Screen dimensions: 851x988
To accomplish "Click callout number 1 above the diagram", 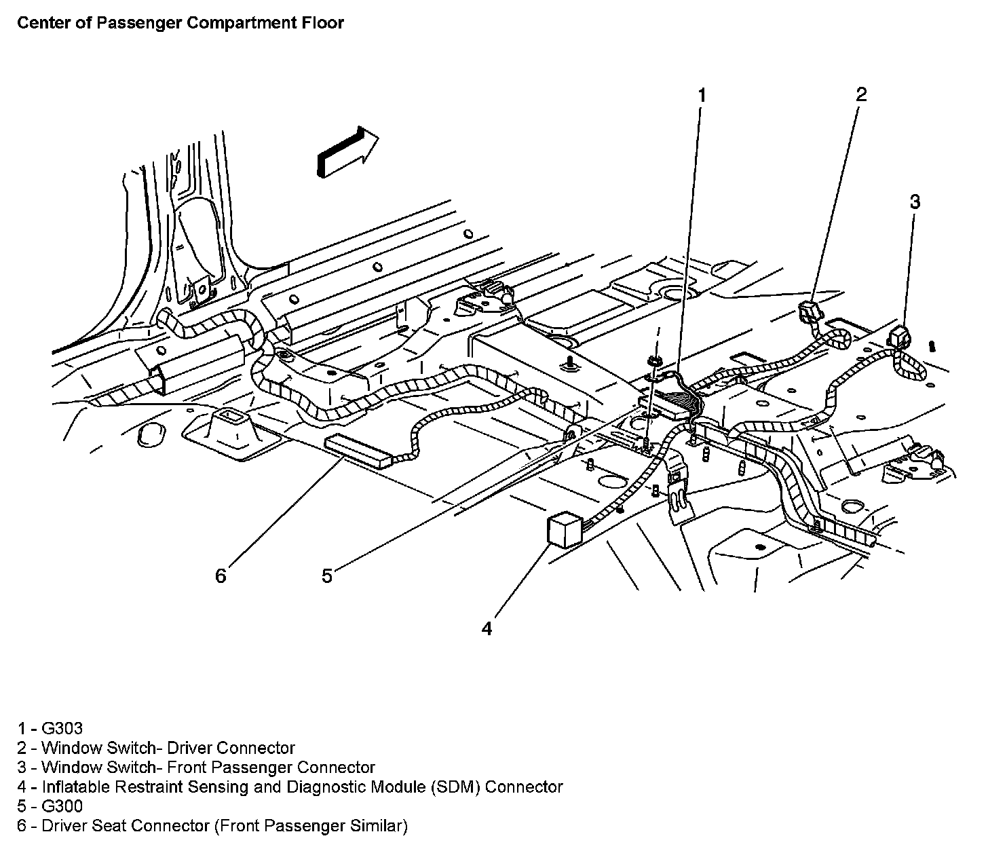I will (702, 96).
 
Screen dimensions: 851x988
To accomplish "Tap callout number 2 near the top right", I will (861, 94).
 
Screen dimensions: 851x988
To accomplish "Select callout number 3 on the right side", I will (915, 202).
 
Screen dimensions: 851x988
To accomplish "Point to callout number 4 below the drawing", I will (487, 629).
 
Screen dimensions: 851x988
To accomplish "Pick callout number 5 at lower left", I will (327, 576).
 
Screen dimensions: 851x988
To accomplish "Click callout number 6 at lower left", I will (220, 576).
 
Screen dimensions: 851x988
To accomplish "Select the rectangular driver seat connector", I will (359, 452).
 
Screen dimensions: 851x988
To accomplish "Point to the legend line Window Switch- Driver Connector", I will (168, 748).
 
